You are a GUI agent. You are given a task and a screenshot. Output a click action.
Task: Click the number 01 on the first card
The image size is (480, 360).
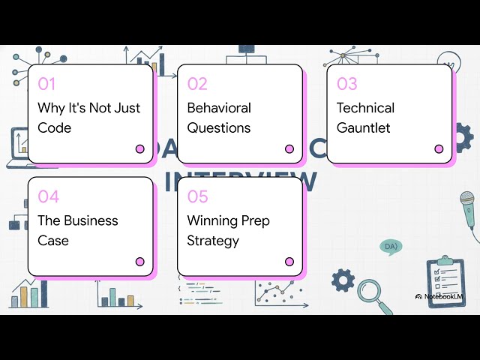46,84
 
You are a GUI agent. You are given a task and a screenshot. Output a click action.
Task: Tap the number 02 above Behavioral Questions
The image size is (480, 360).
197,84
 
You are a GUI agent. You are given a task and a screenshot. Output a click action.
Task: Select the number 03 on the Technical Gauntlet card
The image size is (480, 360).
346,84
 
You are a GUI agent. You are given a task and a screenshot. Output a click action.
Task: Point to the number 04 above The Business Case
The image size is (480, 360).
48,196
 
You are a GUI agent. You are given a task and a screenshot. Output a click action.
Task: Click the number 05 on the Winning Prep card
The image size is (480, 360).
197,196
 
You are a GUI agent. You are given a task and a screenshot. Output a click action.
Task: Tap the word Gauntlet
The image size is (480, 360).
363,127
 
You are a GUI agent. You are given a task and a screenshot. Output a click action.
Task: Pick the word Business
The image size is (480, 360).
91,220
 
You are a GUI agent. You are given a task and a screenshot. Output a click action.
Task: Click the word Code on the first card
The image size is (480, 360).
55,127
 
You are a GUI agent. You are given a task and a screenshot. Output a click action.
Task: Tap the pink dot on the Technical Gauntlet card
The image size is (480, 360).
439,149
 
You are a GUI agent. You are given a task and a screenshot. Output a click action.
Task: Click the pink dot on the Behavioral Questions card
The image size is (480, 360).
289,149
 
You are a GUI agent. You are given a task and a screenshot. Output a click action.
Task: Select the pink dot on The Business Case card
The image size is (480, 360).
140,262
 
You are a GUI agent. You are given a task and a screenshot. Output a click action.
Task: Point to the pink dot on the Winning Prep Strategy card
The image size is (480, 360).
289,262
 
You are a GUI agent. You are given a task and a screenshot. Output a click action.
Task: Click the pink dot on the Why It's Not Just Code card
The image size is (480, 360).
140,149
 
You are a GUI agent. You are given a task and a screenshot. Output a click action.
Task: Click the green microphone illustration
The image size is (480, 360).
468,210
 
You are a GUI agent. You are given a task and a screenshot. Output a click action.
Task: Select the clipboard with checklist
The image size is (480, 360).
445,280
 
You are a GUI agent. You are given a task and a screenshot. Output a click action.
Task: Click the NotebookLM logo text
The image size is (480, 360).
448,296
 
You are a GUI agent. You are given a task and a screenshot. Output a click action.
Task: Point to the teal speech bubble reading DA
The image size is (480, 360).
390,246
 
